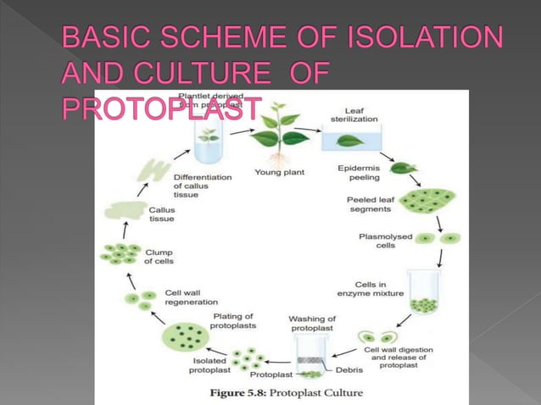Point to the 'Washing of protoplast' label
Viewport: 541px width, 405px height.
tap(312, 323)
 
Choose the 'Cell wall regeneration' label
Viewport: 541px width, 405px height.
tap(191, 297)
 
